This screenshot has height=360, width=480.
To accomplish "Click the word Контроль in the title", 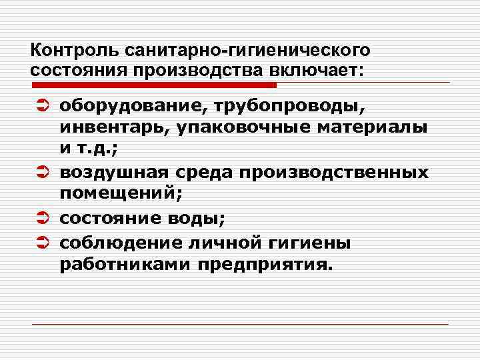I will click(67, 51).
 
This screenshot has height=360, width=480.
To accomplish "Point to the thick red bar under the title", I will click(153, 85).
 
